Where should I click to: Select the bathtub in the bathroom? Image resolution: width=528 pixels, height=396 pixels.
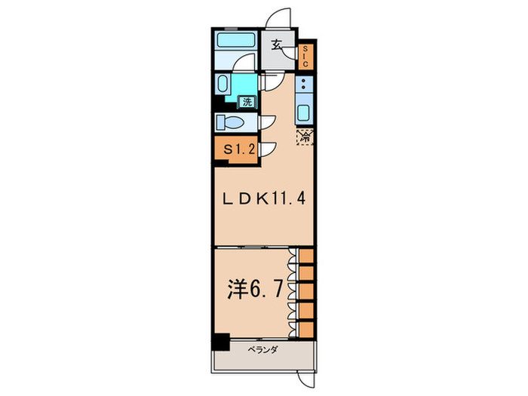pos(235,43)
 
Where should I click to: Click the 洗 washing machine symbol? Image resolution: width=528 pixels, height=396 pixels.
pos(247,101)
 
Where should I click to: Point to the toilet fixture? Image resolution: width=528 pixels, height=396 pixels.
pos(229,122)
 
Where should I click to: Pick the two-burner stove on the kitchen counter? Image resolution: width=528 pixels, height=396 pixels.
pos(304,85)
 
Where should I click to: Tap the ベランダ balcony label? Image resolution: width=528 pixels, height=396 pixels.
pos(264,349)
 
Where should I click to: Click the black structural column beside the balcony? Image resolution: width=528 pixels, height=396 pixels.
pos(219,341)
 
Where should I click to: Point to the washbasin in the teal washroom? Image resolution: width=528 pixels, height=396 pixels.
pos(225,83)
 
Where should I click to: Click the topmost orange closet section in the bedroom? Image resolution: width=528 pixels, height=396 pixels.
pos(306,256)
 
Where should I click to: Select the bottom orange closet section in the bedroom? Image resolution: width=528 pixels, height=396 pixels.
pos(306,328)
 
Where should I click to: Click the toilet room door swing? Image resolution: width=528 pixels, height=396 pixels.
pos(267,123)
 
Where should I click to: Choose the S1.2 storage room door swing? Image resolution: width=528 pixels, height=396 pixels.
pos(269,149)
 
